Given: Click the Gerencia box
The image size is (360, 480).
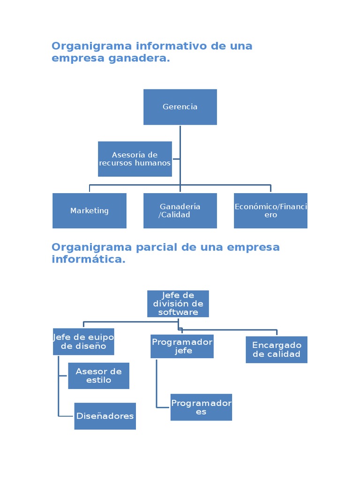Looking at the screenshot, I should pos(180,107).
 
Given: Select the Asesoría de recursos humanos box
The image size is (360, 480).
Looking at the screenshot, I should pos(135,159).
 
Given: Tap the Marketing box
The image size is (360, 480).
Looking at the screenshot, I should pos(90,211).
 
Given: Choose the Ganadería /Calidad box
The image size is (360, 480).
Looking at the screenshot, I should pos(180,211).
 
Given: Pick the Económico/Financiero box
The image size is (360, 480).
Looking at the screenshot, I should pos(270,211).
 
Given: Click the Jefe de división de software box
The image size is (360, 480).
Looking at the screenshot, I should pos(178,304).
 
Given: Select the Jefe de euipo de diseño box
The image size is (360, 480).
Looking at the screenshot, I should pos(83,342).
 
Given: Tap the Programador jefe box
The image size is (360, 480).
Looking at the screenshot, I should pos(182,346).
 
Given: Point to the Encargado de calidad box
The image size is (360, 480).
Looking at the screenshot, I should pos(277,350).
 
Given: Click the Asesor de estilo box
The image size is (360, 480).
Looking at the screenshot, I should pos(98,376).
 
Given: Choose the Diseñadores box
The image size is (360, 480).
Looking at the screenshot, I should pos(105,416).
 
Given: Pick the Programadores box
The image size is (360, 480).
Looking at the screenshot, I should pos(201,407).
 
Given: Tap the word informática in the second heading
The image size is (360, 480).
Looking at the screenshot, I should pos(88,259).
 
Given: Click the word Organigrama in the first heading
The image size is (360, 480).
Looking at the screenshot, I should pos(91,46).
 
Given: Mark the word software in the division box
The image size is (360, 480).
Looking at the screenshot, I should pos(178,312).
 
